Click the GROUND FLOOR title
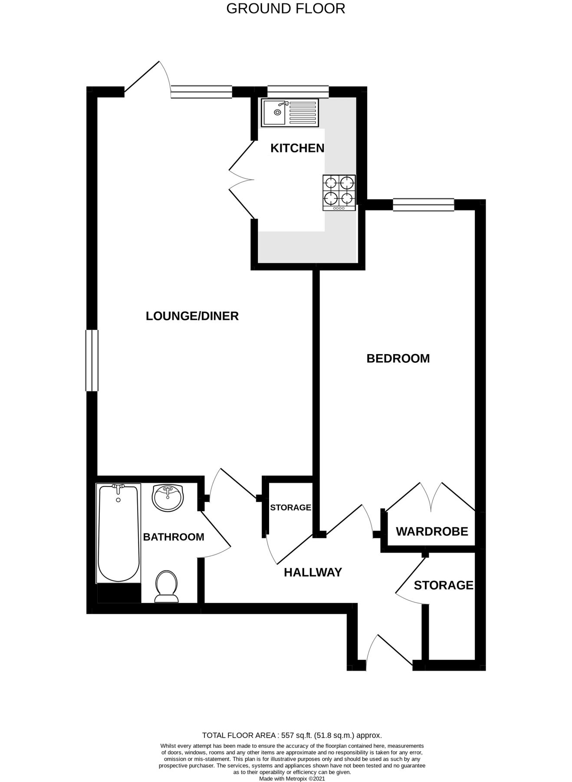click(x=286, y=8)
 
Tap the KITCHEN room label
click(x=297, y=148)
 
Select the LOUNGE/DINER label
click(x=192, y=316)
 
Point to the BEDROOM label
click(x=398, y=358)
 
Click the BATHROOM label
click(x=174, y=537)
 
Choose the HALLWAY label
click(x=313, y=572)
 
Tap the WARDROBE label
click(x=432, y=531)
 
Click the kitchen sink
click(x=289, y=113)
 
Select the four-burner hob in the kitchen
click(x=339, y=192)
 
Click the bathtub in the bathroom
click(x=118, y=533)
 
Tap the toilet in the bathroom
click(x=167, y=586)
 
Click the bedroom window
click(x=423, y=205)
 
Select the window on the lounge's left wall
click(x=92, y=361)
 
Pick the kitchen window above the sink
click(x=298, y=92)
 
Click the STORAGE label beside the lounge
click(x=290, y=507)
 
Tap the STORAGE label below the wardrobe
click(x=443, y=585)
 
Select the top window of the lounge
click(x=201, y=92)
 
